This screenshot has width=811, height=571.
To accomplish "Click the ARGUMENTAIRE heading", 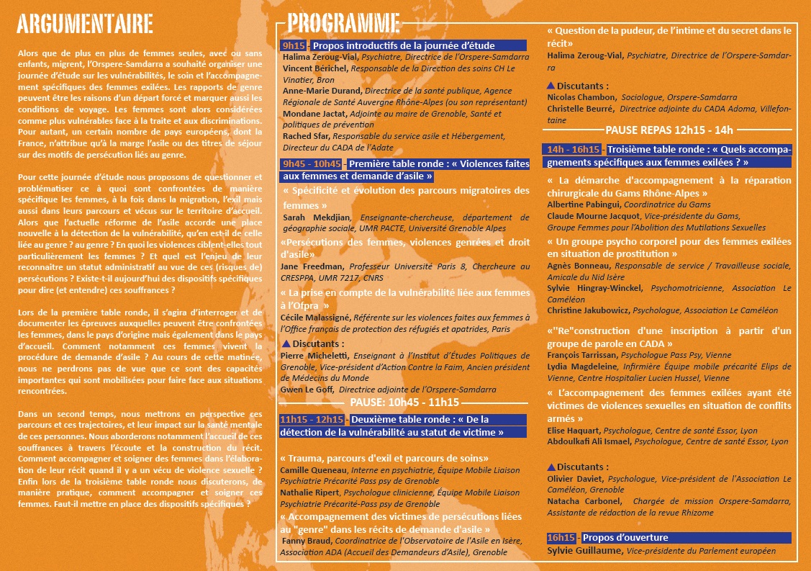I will coord(84,23).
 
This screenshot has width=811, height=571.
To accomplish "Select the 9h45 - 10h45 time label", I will coord(312,164).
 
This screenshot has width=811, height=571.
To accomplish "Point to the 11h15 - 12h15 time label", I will coord(312,420).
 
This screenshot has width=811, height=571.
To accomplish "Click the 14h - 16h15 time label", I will coord(574,150).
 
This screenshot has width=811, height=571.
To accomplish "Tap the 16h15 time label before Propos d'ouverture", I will coord(561,538).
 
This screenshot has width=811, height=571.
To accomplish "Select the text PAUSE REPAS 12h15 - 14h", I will coord(669,130).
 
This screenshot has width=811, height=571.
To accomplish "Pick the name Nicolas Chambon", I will coord(581,97).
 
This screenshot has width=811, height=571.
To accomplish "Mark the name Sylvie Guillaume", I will coord(584,551).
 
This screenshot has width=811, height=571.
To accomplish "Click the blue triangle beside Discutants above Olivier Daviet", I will coord(551,467).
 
